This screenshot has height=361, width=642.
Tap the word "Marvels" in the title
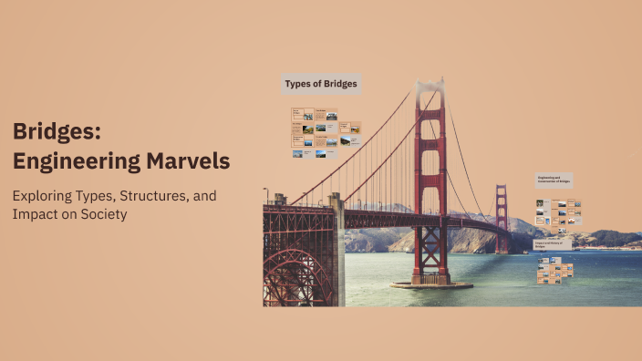(188, 161)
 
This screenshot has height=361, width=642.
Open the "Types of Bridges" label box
(321, 84)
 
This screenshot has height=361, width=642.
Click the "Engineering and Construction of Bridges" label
(554, 180)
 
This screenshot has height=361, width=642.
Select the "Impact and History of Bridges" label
(554, 244)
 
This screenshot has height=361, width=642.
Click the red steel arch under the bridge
(296, 273)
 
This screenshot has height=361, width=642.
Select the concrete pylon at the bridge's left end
(337, 246)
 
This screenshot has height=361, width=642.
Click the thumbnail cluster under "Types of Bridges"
(326, 132)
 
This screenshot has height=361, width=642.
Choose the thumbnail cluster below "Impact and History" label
(554, 271)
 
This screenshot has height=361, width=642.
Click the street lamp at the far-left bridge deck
(266, 195)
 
